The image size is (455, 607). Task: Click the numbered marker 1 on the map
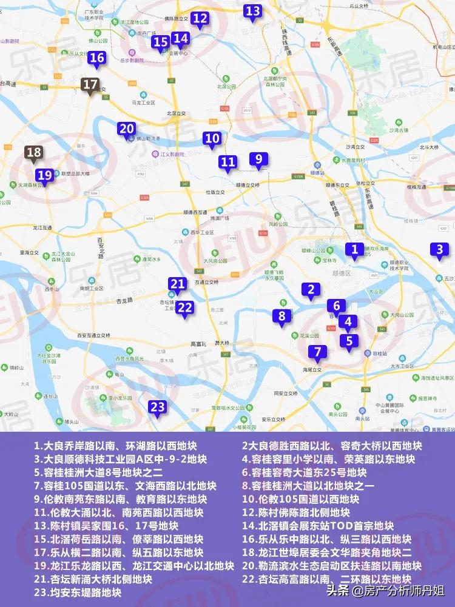pyautogui.click(x=355, y=249)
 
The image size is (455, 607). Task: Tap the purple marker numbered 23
pyautogui.click(x=157, y=407)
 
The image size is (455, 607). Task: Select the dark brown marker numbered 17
pyautogui.click(x=90, y=84)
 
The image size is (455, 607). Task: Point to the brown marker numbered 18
pyautogui.click(x=34, y=153)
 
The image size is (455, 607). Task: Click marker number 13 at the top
pyautogui.click(x=252, y=11)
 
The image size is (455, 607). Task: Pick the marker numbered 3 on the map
pyautogui.click(x=440, y=249)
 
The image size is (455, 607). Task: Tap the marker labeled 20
pyautogui.click(x=127, y=129)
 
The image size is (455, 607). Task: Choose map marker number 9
pyautogui.click(x=258, y=159)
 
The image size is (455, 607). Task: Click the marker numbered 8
pyautogui.click(x=281, y=316)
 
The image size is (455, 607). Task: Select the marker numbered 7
pyautogui.click(x=317, y=351)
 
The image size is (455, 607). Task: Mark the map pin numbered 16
pyautogui.click(x=97, y=58)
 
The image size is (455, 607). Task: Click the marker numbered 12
pyautogui.click(x=200, y=18)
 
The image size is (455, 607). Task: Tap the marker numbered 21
pyautogui.click(x=178, y=284)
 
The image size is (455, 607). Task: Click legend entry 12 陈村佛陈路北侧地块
pyautogui.click(x=296, y=512)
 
